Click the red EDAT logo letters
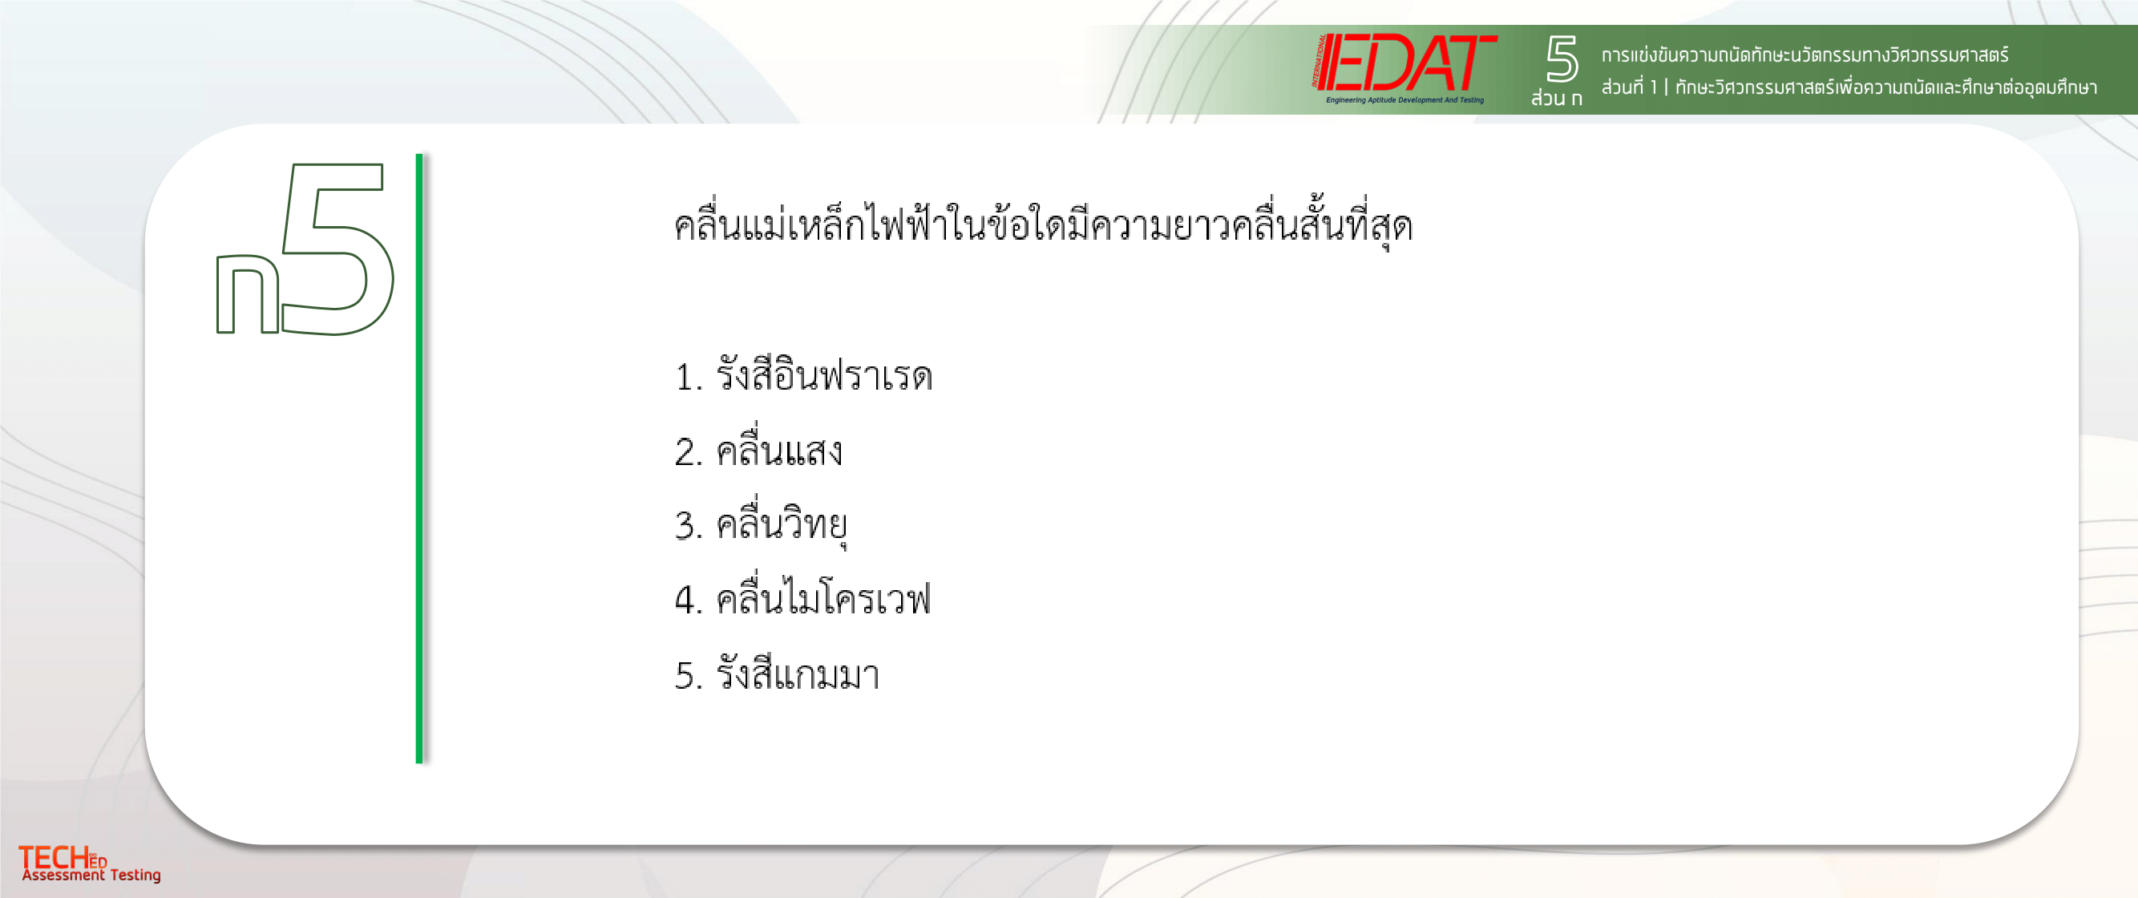(1408, 63)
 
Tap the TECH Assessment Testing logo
(90, 864)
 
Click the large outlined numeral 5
(337, 249)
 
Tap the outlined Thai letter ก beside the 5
(248, 293)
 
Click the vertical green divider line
(419, 458)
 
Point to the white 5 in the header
(1561, 58)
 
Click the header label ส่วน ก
(1556, 97)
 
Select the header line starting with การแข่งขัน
(1805, 55)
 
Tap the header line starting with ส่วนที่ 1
(1849, 87)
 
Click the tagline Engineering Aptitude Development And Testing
(1404, 100)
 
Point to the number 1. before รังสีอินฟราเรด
(689, 378)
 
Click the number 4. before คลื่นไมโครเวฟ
(689, 599)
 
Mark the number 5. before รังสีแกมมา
(689, 676)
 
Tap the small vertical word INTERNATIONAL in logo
(1319, 61)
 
